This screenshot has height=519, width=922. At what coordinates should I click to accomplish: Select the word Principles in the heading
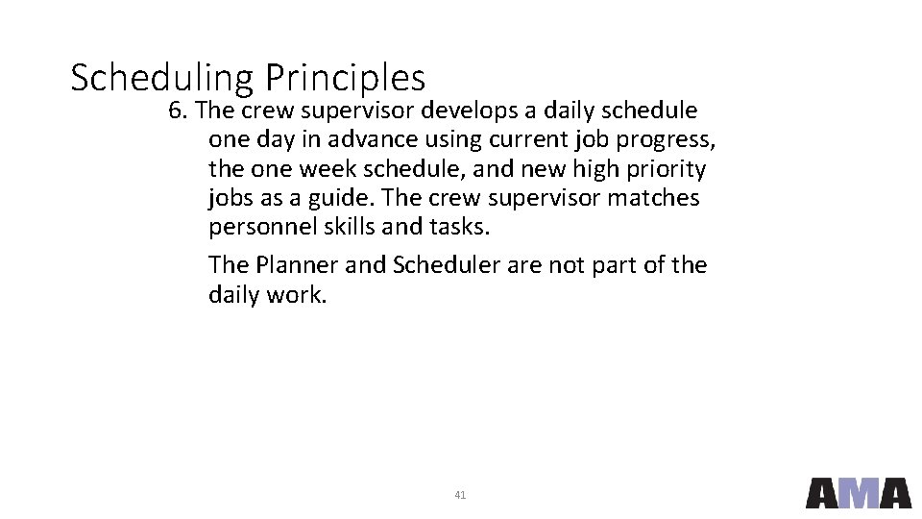(345, 77)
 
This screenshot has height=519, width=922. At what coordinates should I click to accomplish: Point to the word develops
(470, 111)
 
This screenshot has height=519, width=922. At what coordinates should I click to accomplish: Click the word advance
(367, 139)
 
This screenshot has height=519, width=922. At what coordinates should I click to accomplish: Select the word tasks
(458, 227)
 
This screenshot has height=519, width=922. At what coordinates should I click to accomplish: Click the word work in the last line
(296, 294)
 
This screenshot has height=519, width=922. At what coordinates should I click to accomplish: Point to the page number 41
(460, 495)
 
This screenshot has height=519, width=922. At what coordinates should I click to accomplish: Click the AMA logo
(858, 492)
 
